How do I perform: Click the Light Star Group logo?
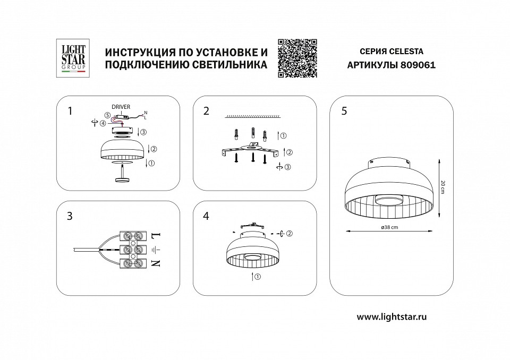point(71,58)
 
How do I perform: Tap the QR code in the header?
point(297,58)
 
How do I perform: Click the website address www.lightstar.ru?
point(392,316)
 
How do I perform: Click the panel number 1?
point(70,111)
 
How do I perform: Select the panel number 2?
point(206,111)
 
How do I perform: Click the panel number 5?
point(344,111)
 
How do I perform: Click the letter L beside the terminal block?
point(156,235)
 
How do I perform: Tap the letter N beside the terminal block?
point(156,263)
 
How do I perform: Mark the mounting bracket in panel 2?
point(249,149)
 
